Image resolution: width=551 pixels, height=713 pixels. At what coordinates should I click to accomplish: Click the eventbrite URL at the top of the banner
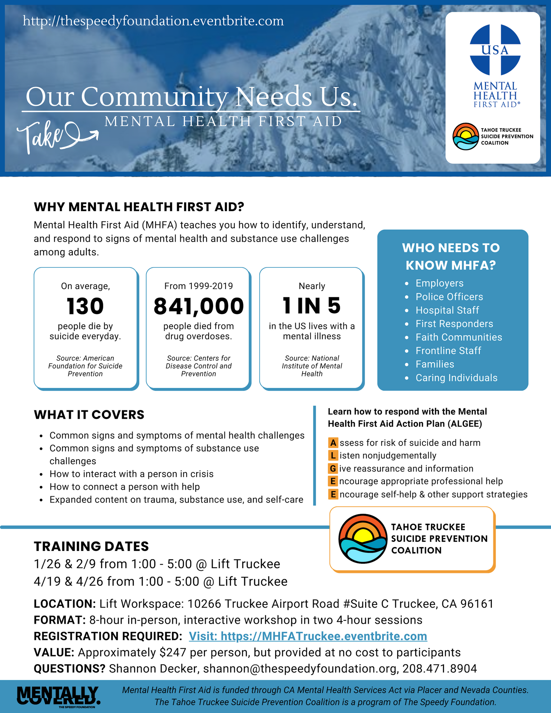click(153, 21)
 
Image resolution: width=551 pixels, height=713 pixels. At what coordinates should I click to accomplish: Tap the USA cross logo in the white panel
click(495, 50)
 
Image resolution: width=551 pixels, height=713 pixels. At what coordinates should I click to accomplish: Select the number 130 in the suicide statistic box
click(85, 306)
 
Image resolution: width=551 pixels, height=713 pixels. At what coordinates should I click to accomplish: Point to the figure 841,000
click(198, 306)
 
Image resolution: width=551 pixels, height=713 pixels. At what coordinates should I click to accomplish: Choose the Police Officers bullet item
click(449, 297)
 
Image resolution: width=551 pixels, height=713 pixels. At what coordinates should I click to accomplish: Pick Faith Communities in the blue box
click(458, 337)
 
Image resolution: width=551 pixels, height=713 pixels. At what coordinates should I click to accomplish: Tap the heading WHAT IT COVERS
click(89, 415)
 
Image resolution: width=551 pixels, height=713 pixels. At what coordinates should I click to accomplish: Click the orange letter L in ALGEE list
click(333, 455)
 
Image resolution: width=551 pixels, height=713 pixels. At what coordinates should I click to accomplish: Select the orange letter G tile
click(333, 468)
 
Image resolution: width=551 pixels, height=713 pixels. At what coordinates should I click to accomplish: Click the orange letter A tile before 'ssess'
click(333, 443)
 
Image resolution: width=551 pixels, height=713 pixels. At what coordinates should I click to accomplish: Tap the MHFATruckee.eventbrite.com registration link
click(308, 636)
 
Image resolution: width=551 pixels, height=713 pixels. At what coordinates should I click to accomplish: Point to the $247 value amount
click(173, 652)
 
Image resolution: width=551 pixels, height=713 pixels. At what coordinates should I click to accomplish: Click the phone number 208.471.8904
click(439, 669)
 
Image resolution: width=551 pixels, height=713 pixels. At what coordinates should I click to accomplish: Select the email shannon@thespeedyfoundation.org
click(300, 669)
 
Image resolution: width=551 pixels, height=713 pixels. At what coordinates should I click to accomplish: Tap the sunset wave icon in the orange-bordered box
click(362, 539)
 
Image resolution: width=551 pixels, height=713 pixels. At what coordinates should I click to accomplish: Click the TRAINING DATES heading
click(91, 546)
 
